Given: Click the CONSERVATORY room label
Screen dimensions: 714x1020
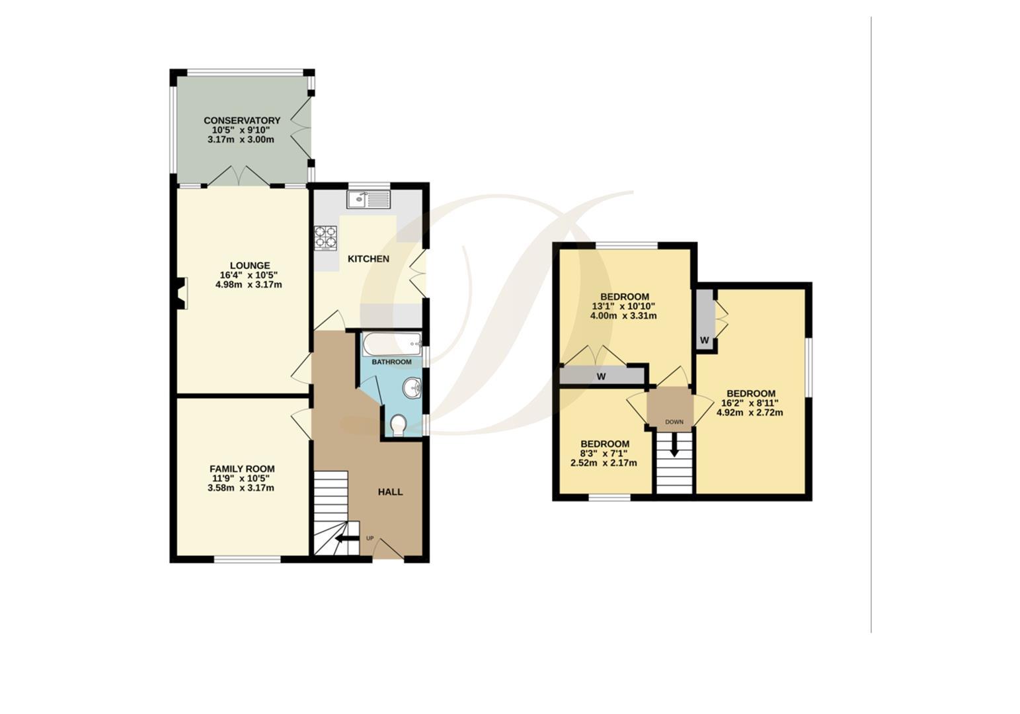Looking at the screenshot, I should (x=241, y=120).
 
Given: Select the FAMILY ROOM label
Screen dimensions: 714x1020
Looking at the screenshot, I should (x=242, y=469).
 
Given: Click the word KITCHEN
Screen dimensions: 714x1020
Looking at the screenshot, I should (x=368, y=258).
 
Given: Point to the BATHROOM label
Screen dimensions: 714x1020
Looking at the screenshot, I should (x=391, y=362).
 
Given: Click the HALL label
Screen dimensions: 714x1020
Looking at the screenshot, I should (x=390, y=492).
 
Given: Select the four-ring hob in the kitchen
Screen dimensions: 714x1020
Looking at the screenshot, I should (x=325, y=238).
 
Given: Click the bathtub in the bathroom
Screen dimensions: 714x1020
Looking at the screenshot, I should (x=391, y=344).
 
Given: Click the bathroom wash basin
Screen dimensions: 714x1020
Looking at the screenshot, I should (x=412, y=387).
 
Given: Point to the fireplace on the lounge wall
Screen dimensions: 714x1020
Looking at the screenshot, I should (x=181, y=293).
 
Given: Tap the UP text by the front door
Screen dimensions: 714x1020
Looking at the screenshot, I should (x=370, y=538).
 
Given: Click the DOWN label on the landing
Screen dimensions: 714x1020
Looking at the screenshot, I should (x=674, y=422).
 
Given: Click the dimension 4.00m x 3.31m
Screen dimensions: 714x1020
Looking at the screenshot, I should (x=623, y=316).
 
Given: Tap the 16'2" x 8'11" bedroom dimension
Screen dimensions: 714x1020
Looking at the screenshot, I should (x=750, y=403).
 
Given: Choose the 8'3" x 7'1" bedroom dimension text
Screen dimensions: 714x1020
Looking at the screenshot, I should (x=604, y=454).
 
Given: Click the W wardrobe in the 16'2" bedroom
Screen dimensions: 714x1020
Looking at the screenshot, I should (x=705, y=340).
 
